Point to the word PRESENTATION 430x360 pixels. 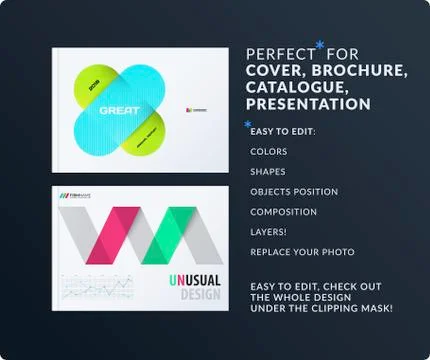(308, 104)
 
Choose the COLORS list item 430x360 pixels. (269, 152)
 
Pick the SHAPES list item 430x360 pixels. (268, 172)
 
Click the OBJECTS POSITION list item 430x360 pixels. (294, 192)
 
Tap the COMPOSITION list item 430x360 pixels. (284, 212)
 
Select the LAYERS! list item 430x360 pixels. (269, 232)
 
